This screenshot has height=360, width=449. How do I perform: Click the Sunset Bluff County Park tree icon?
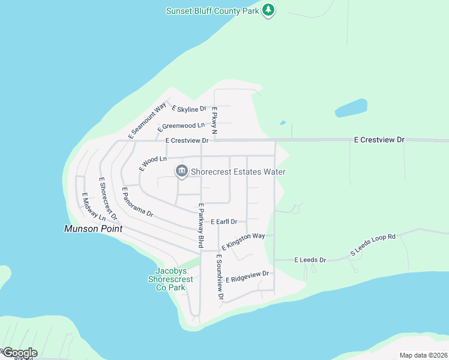[269, 10]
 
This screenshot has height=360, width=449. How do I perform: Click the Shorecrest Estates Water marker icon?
[181, 172]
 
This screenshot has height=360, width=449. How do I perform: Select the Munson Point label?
[94, 229]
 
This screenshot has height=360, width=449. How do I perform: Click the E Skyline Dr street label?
[189, 109]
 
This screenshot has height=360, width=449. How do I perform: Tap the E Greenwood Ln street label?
[181, 127]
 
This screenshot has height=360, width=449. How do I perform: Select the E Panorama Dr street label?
[137, 202]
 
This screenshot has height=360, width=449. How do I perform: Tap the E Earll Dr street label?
[224, 221]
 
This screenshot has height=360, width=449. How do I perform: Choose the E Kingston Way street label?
[243, 241]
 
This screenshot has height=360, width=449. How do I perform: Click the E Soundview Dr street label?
[220, 277]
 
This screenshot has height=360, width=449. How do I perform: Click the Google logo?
[20, 353]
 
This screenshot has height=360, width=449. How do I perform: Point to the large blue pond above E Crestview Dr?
[351, 109]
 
